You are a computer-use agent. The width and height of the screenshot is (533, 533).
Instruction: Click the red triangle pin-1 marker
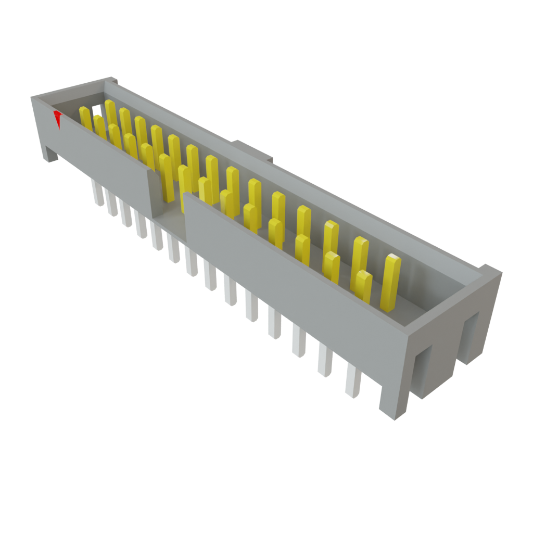(x=58, y=119)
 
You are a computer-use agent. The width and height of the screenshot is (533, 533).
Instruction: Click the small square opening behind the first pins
(x=97, y=110)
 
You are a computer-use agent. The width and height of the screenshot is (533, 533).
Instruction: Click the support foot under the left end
(x=50, y=154)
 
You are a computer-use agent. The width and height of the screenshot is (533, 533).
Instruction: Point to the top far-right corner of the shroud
(x=492, y=271)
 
